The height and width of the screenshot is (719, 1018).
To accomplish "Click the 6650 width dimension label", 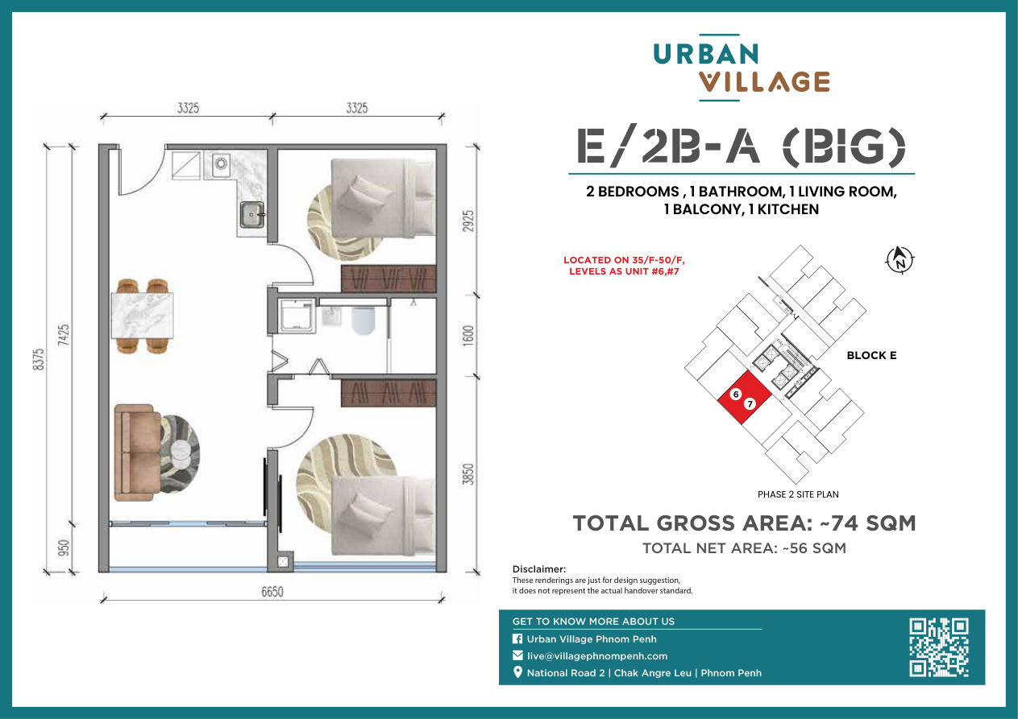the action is point(272,592).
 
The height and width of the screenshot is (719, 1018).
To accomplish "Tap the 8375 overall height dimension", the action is point(39,359).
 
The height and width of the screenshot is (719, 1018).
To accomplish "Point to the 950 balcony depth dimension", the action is point(64,548).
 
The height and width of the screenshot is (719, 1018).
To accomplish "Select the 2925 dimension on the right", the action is point(468,221).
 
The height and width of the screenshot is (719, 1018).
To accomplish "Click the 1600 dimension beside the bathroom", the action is point(468,336).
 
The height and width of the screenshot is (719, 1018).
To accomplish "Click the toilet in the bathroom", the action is point(364,320).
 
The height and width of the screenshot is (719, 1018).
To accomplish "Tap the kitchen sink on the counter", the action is point(251,214).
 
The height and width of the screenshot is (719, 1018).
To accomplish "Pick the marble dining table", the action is point(142,316).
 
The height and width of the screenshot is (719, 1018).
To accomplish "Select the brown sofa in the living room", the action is point(136,452).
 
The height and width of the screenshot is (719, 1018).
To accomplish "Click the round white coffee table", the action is point(180,453).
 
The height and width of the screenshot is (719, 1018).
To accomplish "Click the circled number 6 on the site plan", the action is point(736,394).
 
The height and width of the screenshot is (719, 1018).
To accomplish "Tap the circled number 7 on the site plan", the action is point(750,403).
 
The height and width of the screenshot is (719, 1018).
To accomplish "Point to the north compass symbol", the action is point(900,261).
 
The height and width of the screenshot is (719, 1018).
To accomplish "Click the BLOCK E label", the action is point(871,355).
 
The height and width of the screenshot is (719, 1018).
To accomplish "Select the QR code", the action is point(939,647).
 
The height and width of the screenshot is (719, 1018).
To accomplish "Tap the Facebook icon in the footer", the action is point(517,639).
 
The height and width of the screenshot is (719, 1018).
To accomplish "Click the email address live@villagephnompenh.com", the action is point(597,656).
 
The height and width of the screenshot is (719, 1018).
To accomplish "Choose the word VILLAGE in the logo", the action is point(764,82).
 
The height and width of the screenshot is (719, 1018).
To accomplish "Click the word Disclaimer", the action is point(539,569).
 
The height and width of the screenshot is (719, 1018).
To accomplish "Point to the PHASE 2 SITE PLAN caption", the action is point(798,494).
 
